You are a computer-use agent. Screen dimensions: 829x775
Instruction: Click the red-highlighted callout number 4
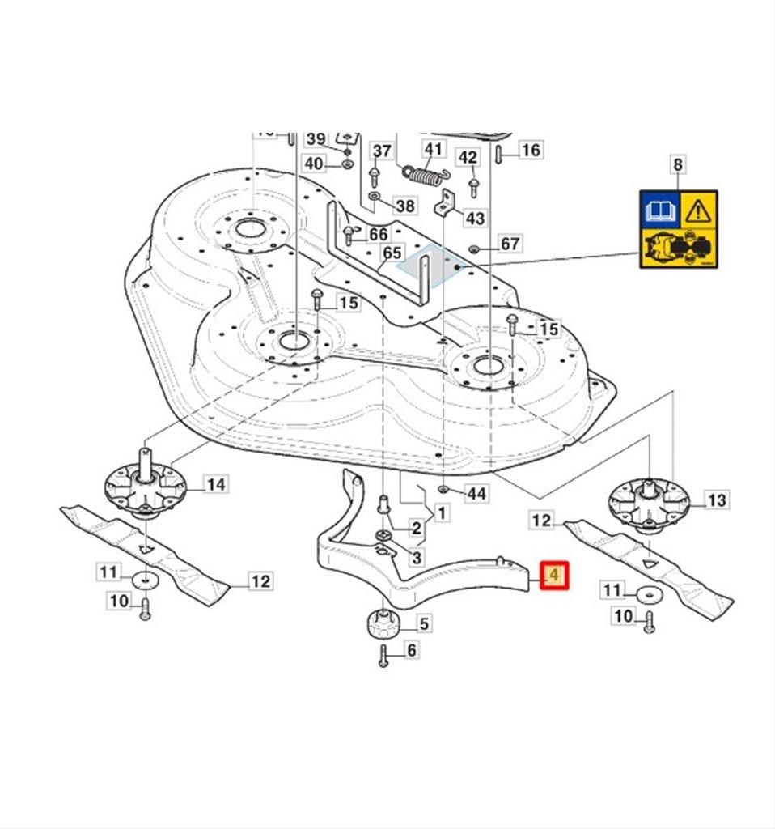pos(554,576)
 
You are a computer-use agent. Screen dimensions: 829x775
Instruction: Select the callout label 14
pos(215,485)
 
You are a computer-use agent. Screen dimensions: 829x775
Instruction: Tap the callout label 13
pos(717,500)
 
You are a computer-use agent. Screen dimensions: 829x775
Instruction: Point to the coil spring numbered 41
pos(424,173)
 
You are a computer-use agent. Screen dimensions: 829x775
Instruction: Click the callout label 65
pos(392,253)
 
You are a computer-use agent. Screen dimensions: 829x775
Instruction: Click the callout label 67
pos(510,244)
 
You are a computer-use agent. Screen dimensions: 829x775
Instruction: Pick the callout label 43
pos(475,218)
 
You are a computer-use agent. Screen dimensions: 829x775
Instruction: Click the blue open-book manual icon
pos(659,211)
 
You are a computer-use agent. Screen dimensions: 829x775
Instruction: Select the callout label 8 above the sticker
pos(678,165)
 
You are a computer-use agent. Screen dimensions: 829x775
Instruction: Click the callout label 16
pos(531,150)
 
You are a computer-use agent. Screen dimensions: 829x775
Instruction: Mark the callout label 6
pos(411,649)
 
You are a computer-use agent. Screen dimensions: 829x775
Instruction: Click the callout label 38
pos(405,206)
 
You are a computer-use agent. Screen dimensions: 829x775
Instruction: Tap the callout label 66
pos(378,234)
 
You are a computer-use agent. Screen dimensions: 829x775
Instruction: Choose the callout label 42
pos(468,156)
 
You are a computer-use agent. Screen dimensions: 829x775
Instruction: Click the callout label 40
pos(314,164)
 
